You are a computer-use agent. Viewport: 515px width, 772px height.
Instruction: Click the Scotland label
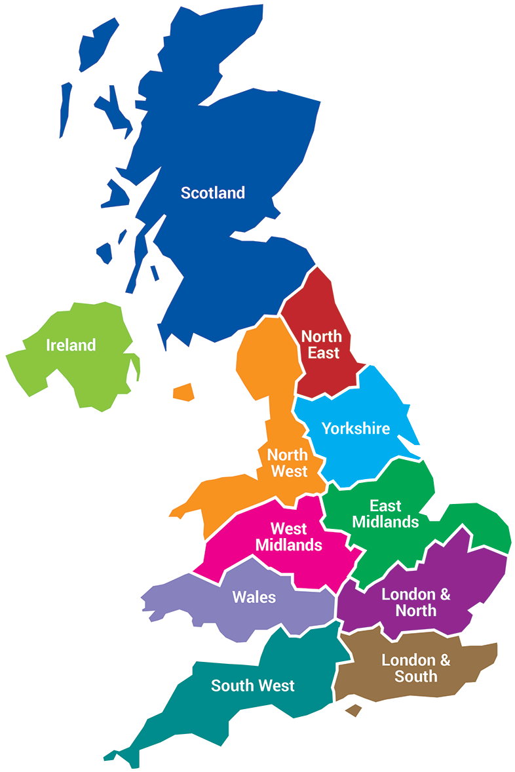pyautogui.click(x=213, y=193)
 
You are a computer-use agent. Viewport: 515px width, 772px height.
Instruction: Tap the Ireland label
pyautogui.click(x=71, y=345)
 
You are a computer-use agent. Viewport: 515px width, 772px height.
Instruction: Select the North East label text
pyautogui.click(x=321, y=344)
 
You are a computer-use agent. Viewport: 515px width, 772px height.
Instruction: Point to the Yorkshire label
pyautogui.click(x=356, y=429)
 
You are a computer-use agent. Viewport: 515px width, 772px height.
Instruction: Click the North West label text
pyautogui.click(x=288, y=463)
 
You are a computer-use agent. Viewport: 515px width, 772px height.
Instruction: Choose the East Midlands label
pyautogui.click(x=385, y=514)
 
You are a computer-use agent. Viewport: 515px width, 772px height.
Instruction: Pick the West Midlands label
pyautogui.click(x=289, y=536)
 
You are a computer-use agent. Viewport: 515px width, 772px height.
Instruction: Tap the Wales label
pyautogui.click(x=254, y=597)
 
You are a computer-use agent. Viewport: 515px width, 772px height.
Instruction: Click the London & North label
pyautogui.click(x=416, y=602)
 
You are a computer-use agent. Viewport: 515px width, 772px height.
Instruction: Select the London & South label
pyautogui.click(x=416, y=668)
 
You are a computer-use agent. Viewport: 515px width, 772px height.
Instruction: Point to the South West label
pyautogui.click(x=253, y=686)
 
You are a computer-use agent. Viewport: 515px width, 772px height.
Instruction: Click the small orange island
pyautogui.click(x=184, y=392)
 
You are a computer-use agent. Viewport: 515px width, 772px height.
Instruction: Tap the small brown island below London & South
pyautogui.click(x=354, y=710)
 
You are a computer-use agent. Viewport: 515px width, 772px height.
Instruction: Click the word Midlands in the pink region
pyautogui.click(x=289, y=545)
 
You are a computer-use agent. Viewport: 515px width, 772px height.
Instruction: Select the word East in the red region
pyautogui.click(x=324, y=353)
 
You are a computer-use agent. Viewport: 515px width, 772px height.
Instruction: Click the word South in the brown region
pyautogui.click(x=416, y=676)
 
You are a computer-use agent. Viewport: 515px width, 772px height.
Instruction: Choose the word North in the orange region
pyautogui.click(x=288, y=455)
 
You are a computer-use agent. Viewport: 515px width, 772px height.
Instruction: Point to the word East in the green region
pyautogui.click(x=385, y=506)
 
